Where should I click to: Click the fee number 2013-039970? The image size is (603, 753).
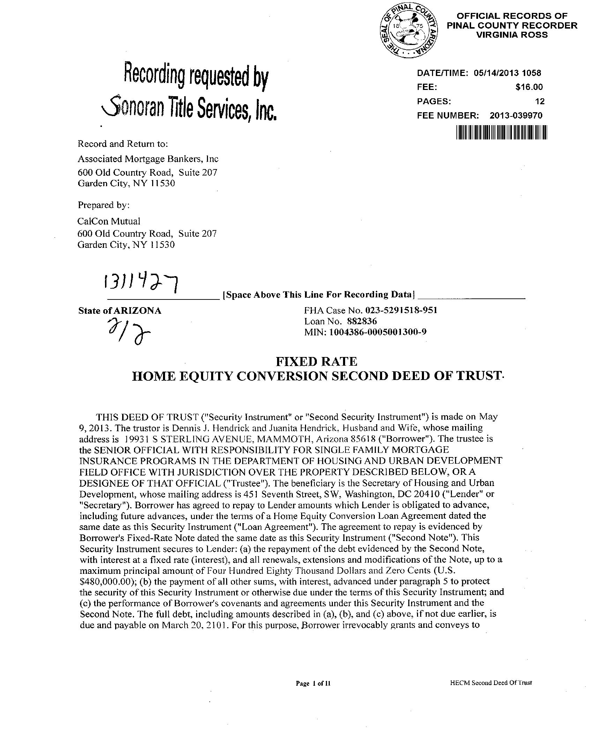(516, 116)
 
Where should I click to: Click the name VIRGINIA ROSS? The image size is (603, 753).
(512, 35)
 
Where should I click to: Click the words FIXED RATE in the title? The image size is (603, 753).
(317, 361)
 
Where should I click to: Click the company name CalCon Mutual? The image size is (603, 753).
(109, 221)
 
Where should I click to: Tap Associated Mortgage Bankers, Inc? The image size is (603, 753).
(148, 159)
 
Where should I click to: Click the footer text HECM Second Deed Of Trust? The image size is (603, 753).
(491, 683)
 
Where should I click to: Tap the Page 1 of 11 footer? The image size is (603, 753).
(313, 684)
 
